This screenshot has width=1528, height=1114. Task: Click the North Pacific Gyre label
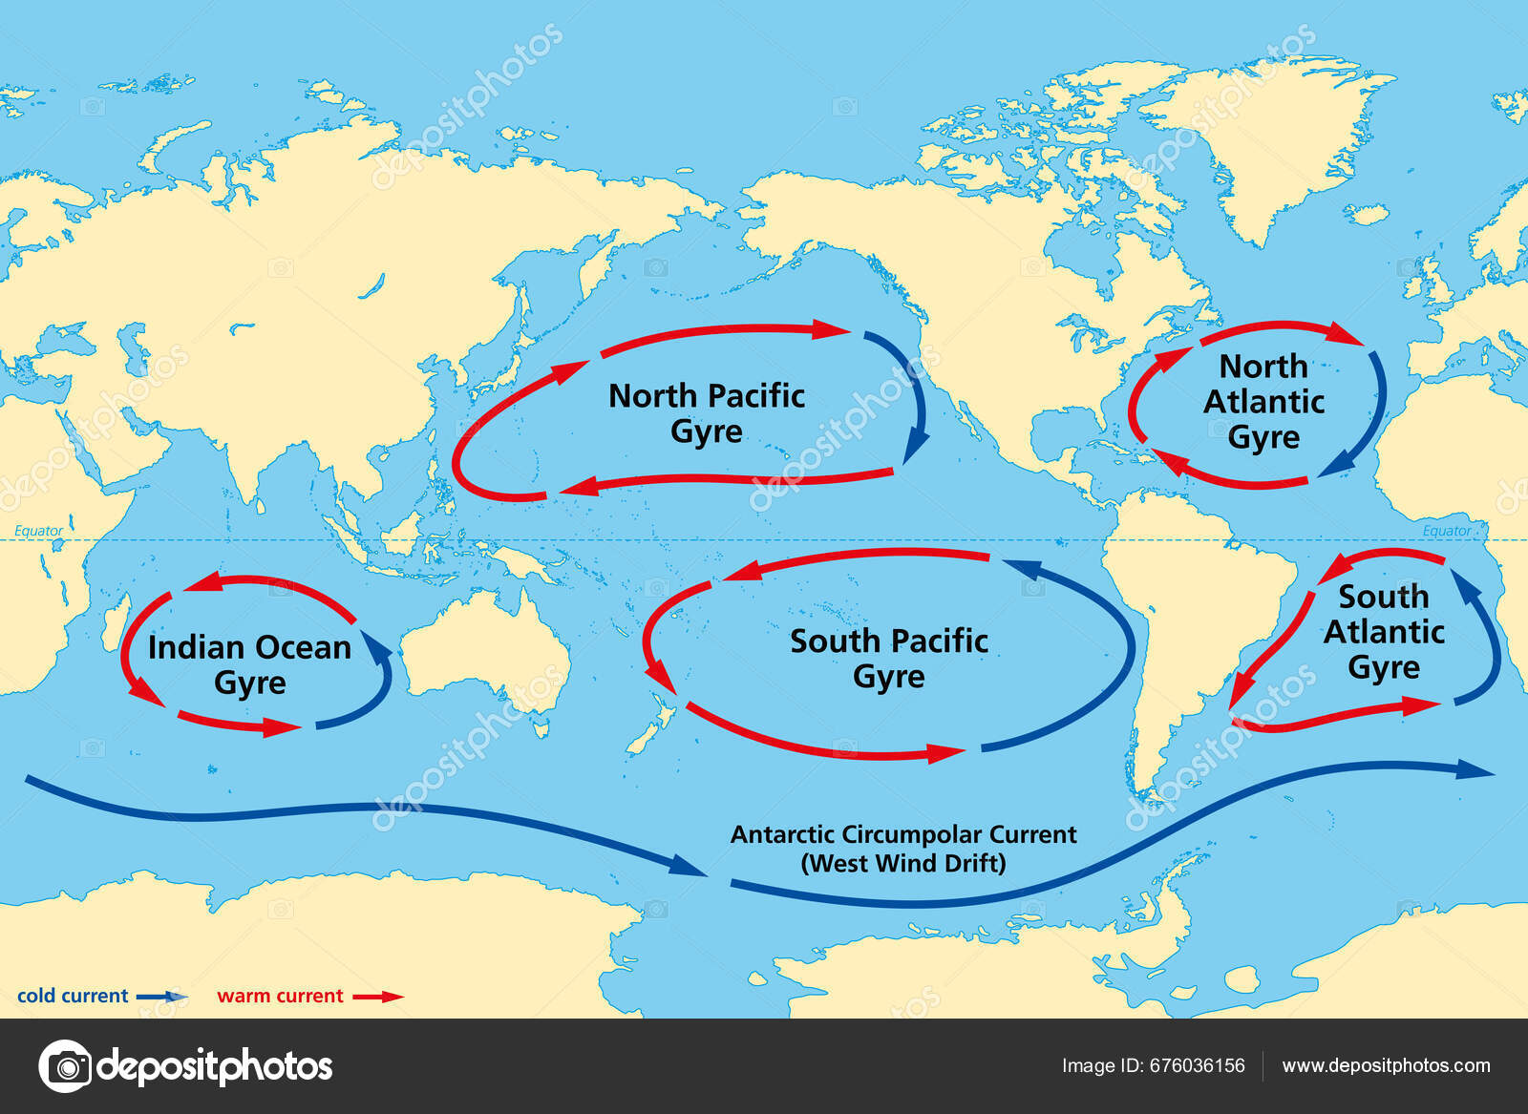(707, 413)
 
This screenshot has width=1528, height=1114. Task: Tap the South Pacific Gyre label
(888, 658)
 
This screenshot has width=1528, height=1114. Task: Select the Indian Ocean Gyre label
(249, 664)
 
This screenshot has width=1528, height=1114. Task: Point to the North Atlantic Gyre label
(1263, 401)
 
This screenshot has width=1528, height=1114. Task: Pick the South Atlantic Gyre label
(1384, 632)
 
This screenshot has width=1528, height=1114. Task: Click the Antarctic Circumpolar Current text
(903, 834)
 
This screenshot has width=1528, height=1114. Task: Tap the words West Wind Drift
(903, 864)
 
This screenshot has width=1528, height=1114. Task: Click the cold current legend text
(73, 996)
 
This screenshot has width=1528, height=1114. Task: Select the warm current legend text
(280, 996)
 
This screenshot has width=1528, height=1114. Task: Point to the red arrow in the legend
(378, 997)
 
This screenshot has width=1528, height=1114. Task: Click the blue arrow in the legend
(162, 997)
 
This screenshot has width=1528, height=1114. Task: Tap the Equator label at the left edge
(38, 531)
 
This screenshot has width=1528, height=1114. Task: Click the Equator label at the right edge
(1447, 531)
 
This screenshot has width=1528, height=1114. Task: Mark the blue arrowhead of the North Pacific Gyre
(917, 445)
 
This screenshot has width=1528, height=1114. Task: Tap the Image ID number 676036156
(1199, 1065)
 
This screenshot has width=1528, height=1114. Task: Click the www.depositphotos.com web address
(1386, 1065)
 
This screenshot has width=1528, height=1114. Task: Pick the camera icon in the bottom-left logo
(66, 1065)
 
